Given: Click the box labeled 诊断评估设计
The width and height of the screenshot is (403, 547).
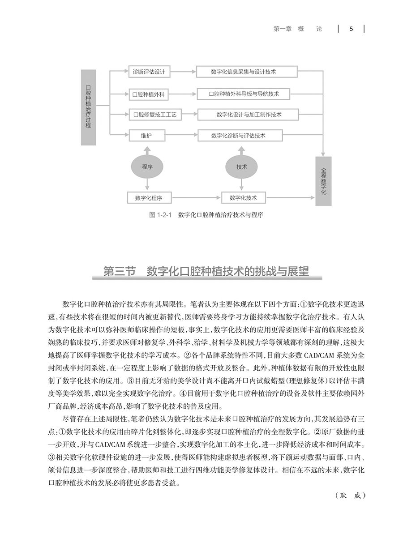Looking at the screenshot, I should (149, 72).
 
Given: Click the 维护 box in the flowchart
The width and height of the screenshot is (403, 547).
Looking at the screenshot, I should (147, 135).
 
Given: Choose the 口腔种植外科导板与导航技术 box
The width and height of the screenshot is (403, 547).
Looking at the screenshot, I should (244, 94).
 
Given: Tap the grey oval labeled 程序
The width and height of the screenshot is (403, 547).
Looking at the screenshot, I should (147, 167).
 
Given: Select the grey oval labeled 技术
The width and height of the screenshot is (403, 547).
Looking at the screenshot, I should (242, 167).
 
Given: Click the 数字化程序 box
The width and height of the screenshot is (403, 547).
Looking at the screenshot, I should (145, 197).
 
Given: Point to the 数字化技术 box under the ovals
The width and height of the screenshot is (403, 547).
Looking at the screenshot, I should (244, 197).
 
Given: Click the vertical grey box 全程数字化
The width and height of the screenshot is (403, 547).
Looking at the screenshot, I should (324, 181).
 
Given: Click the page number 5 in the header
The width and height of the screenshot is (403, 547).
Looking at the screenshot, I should (352, 29).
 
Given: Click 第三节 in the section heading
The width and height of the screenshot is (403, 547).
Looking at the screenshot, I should (119, 272).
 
